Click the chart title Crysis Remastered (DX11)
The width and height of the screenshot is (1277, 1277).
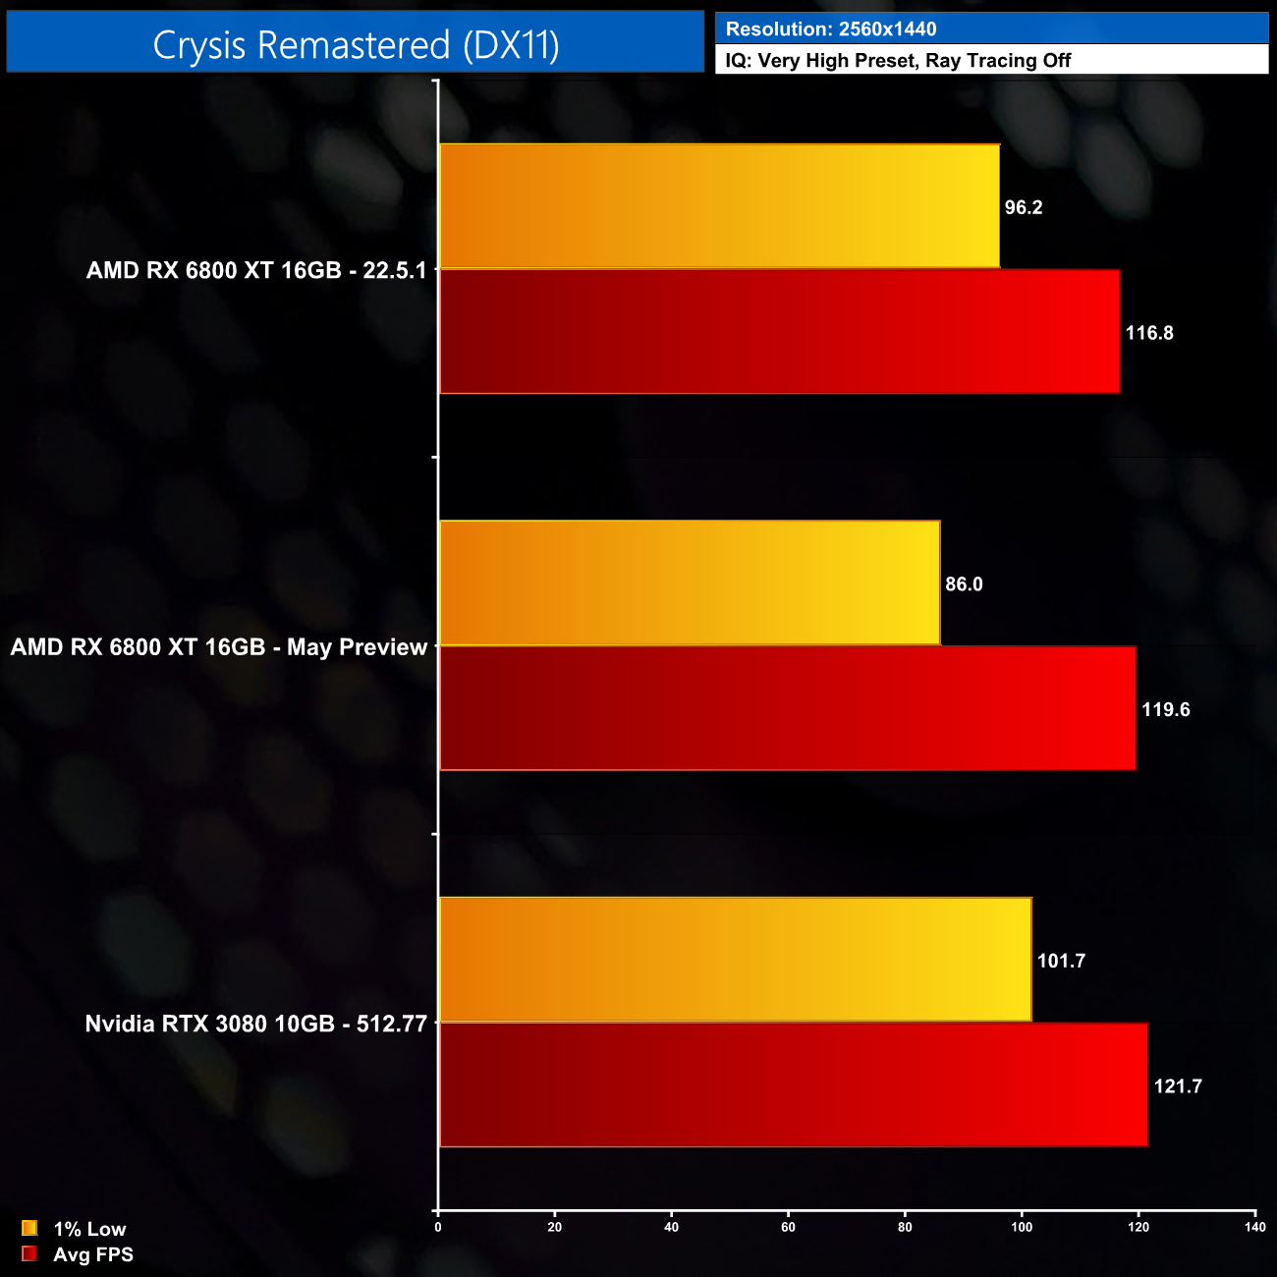click(356, 45)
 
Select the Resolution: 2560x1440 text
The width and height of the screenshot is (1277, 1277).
click(831, 29)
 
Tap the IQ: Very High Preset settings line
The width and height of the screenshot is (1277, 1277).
click(898, 61)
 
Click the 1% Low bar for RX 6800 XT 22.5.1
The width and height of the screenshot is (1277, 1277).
click(719, 206)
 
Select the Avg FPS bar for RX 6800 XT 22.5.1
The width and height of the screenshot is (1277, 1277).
click(779, 332)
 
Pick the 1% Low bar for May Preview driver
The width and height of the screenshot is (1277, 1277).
click(690, 583)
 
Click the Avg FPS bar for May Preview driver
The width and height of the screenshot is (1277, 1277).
click(788, 708)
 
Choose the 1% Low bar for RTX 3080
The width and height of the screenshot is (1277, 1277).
click(736, 960)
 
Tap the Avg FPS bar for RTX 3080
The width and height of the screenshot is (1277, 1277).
click(794, 1084)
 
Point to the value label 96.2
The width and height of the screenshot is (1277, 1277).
click(1024, 207)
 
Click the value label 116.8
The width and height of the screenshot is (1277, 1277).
click(1149, 333)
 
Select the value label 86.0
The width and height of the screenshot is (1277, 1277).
click(964, 584)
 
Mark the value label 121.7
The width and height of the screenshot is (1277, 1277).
click(1178, 1086)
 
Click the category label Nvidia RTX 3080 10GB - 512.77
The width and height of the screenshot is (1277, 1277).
click(256, 1024)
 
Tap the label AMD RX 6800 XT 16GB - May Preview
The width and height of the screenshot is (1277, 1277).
click(219, 647)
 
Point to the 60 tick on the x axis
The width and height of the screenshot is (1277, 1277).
click(788, 1227)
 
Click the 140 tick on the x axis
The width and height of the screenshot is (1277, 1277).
click(1254, 1227)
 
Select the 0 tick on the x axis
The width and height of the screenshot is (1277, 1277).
click(438, 1227)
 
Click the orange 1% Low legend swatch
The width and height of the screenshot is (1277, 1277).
click(29, 1228)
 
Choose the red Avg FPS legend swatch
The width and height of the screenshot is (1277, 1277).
click(29, 1253)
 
